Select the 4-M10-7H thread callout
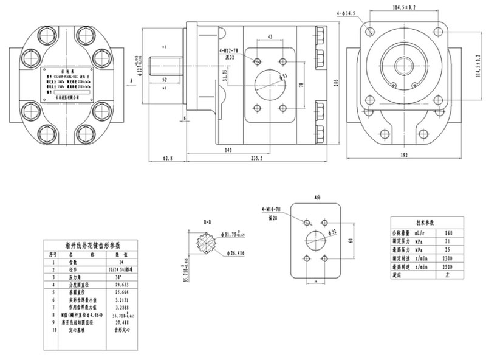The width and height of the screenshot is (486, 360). coord(272,210)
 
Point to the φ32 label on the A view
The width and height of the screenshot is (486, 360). coord(333,232)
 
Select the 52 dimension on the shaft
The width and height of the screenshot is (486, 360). coord(164,80)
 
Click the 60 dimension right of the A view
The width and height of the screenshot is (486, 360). coord(349,241)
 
